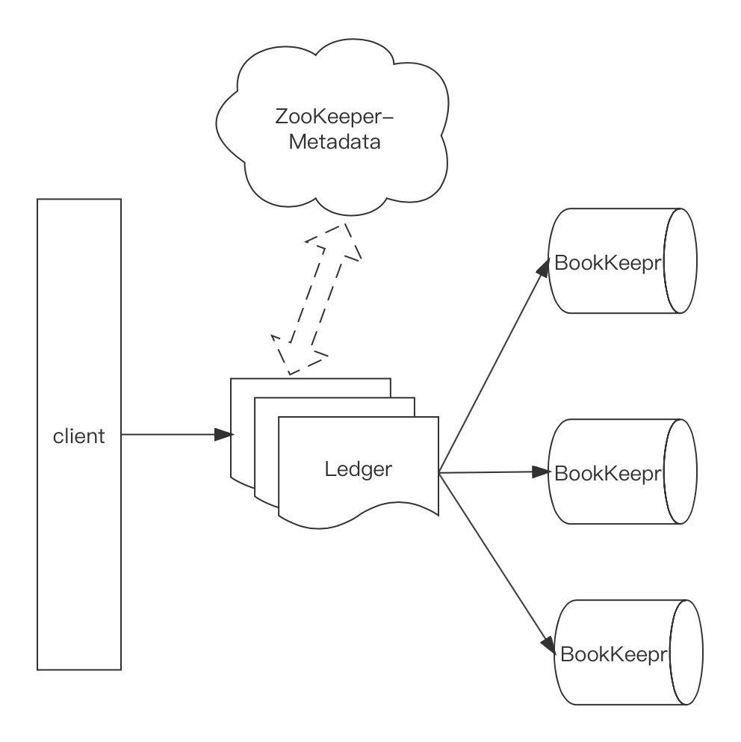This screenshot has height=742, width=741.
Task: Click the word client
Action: [x=78, y=436]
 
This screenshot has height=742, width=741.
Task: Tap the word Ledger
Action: [x=359, y=469]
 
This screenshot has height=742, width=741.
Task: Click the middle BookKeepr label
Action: [x=609, y=473]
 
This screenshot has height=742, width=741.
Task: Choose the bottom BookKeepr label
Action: [x=613, y=655]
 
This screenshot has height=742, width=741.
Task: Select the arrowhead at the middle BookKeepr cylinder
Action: [x=542, y=472]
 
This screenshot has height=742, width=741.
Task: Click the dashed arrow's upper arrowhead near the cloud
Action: [x=345, y=238]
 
